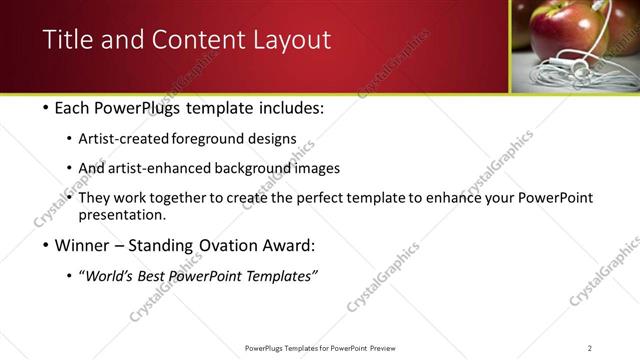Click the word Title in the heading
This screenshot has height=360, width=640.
pos(66,40)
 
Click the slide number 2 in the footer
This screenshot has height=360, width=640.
pos(590,347)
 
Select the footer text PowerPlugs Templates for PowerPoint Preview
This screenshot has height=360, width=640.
pos(319,347)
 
